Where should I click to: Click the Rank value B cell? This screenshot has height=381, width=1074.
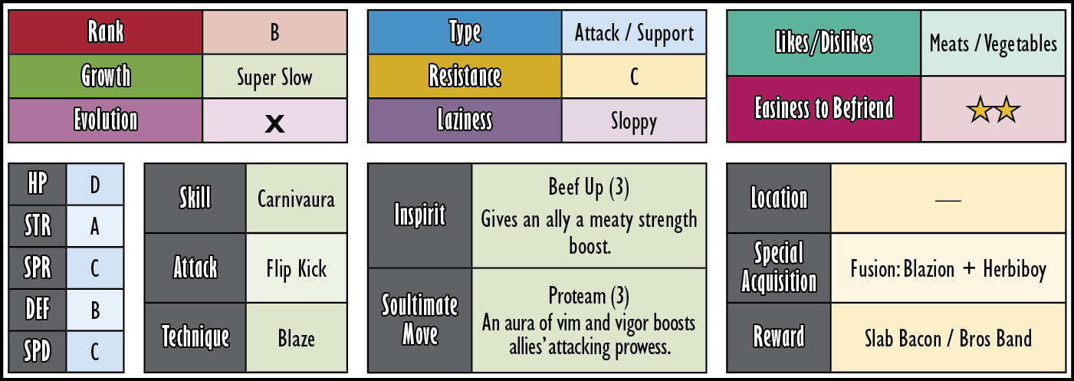point(274,32)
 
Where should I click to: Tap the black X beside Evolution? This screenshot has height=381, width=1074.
point(274,124)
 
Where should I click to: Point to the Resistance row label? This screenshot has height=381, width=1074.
point(465,76)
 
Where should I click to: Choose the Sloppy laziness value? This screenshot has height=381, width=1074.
point(634,122)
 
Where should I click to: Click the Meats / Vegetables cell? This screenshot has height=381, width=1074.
point(993,43)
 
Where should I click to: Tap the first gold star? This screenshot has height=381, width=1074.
point(980,110)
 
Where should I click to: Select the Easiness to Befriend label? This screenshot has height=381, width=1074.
point(824,108)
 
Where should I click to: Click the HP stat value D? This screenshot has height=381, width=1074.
point(95,185)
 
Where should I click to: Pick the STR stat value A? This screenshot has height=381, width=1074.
point(95,226)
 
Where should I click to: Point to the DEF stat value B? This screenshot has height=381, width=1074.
point(95,310)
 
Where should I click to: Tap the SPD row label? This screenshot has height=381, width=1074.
point(38,352)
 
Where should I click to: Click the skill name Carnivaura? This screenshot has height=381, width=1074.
point(296,199)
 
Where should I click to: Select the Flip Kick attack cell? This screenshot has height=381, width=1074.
point(297,268)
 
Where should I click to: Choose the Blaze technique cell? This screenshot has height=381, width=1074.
point(297,338)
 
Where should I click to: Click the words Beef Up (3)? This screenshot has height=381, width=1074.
point(589,187)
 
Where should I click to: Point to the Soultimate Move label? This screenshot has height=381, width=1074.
point(419,319)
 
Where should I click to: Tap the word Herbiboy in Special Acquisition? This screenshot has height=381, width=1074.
point(1014,269)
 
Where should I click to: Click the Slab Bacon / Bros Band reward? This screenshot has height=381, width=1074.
point(948,339)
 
